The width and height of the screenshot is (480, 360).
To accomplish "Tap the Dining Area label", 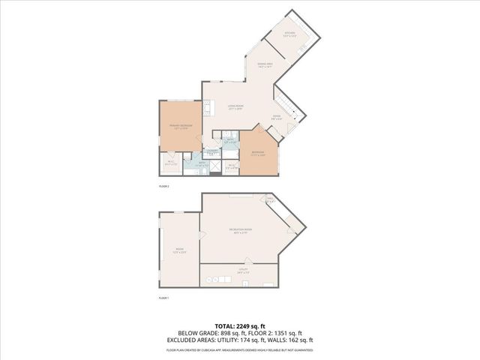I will tap(264, 66).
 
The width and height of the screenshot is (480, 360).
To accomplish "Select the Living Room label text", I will tap(235, 106).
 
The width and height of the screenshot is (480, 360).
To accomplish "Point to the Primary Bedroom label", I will tap(181, 125).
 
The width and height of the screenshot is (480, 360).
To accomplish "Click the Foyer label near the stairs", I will tap(276, 116).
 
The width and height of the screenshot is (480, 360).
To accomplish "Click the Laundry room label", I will tap(212, 152).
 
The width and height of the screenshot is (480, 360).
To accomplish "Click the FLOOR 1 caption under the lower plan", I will tap(163, 298).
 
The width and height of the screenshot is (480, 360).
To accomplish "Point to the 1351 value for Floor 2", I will tap(281, 333).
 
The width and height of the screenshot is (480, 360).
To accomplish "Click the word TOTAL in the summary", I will tap(224, 326).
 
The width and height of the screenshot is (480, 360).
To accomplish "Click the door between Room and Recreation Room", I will tap(201, 248).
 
